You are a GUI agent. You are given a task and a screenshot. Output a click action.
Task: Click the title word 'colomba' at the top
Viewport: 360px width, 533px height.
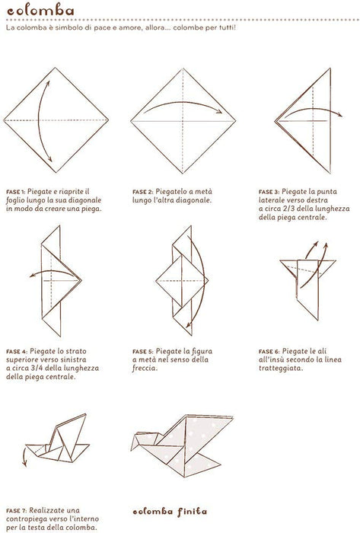click(40, 10)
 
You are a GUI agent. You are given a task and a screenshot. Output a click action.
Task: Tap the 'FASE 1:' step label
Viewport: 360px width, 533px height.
click(16, 192)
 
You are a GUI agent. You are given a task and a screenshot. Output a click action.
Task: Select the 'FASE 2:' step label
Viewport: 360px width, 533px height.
click(142, 192)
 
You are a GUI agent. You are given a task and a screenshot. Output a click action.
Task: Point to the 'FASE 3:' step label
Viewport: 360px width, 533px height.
click(269, 192)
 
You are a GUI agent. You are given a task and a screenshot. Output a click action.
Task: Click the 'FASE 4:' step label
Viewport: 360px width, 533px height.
click(17, 352)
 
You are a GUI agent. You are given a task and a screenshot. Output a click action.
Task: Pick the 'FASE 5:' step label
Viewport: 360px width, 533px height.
click(142, 352)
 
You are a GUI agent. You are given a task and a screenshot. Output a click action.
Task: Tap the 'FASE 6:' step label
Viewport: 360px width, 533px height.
click(269, 352)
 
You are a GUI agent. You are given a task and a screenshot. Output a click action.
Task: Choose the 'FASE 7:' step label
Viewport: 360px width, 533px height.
click(16, 511)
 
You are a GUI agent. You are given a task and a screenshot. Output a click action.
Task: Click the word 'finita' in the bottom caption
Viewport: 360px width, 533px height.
click(192, 512)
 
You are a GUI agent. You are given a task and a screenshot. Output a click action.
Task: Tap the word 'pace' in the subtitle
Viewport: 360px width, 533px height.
click(102, 28)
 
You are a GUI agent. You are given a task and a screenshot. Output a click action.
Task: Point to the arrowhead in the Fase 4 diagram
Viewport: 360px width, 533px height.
click(32, 275)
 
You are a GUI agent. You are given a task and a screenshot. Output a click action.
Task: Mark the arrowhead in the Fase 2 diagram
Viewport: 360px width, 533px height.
click(219, 111)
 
